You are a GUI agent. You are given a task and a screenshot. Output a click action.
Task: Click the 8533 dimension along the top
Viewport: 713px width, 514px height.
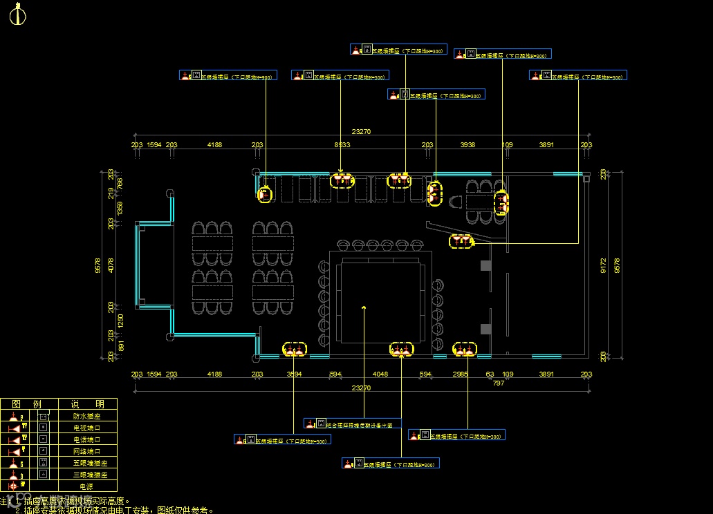[x=342, y=145]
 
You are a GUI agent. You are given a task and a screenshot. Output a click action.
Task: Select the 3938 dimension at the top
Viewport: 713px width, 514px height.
[x=468, y=145]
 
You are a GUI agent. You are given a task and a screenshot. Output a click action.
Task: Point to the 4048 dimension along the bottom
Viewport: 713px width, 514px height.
[x=380, y=374]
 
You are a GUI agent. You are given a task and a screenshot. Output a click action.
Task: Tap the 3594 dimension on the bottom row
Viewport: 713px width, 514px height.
[x=293, y=374]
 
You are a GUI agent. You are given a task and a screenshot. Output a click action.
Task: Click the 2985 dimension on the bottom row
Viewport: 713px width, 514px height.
[x=461, y=374]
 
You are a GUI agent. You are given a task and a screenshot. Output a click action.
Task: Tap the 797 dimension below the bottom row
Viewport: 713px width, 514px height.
[x=498, y=383]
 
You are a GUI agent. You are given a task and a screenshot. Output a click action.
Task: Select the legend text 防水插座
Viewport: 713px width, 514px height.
[x=86, y=417]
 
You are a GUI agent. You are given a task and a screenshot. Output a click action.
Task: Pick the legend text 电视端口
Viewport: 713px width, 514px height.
[x=86, y=428]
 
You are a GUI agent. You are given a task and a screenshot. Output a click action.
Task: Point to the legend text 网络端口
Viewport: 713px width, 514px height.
[x=86, y=451]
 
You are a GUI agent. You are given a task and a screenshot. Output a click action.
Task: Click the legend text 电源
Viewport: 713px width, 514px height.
[x=86, y=486]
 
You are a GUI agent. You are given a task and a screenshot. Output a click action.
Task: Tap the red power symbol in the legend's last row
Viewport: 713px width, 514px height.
[x=12, y=486]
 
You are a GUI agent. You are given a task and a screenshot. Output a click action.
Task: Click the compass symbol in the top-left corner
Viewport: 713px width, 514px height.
[x=19, y=15]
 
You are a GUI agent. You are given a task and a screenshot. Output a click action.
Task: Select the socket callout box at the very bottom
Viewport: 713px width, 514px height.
[x=391, y=463]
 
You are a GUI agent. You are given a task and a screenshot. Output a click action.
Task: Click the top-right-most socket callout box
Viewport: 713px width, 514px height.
[x=578, y=75]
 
